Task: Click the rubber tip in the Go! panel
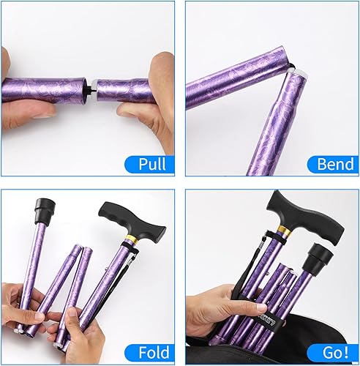(323, 258)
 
